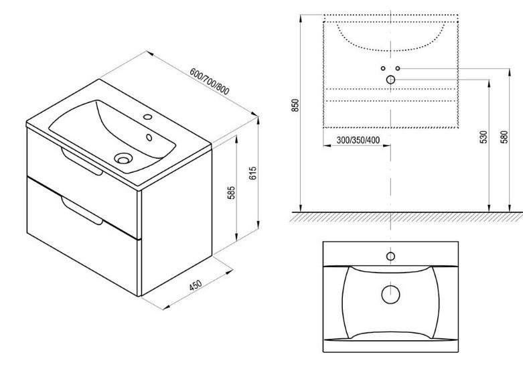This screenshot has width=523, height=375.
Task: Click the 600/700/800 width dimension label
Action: coord(210,82)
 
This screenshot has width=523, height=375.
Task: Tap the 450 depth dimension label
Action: coord(196,285)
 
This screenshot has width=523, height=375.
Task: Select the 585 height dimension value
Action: coord(232,193)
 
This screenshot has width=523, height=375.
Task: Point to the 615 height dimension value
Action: coord(253,173)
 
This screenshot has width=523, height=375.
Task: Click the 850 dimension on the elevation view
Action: coord(295,105)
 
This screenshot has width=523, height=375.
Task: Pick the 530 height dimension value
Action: coord(483,137)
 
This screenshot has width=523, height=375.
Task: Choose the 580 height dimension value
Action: coord(504,137)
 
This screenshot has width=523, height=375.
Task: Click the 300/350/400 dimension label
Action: coord(358,140)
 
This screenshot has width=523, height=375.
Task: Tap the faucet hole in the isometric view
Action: coord(147,117)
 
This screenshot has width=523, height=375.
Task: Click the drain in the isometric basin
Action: coord(123,158)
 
